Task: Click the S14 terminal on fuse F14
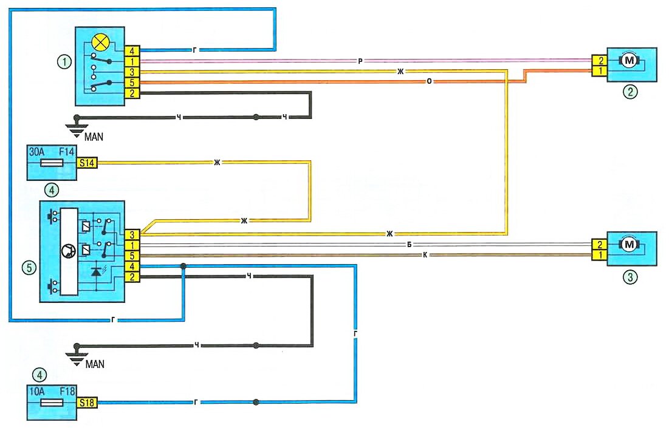click(85, 163)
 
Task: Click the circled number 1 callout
click(63, 61)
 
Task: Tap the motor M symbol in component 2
click(627, 60)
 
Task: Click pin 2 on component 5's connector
click(132, 277)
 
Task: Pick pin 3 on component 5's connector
click(132, 234)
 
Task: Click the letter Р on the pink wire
click(361, 61)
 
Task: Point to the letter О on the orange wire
click(430, 82)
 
